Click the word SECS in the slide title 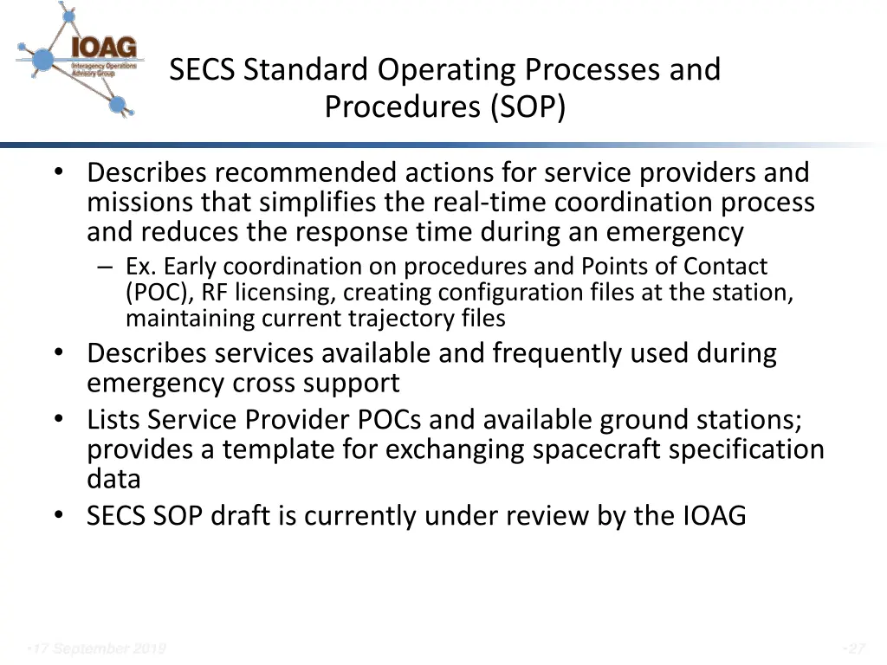203,69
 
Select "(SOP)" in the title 528,107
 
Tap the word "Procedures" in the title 404,107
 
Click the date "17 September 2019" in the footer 97,649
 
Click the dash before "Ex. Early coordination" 105,267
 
